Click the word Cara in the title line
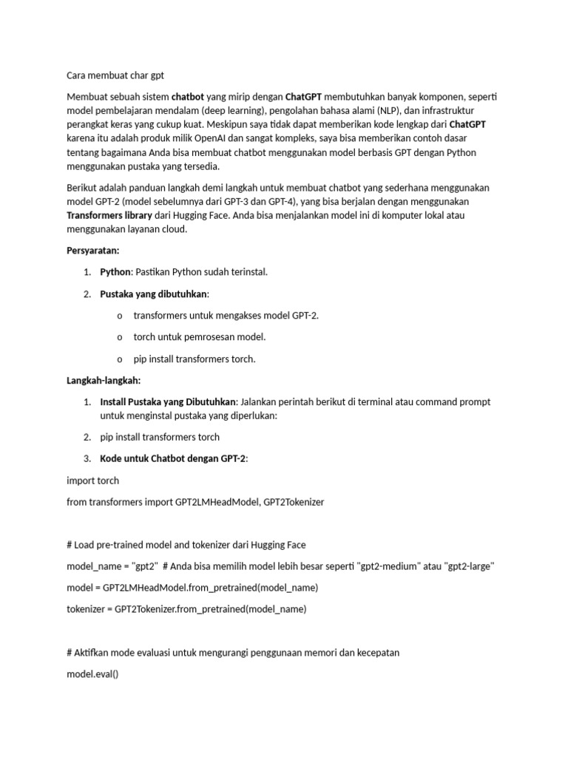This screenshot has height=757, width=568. [77, 75]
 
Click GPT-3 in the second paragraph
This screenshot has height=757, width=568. [240, 202]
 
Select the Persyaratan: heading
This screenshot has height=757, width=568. [93, 251]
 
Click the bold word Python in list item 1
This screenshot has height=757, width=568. [115, 272]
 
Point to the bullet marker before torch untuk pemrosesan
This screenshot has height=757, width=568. [120, 337]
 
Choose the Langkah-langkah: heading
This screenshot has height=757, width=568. [104, 381]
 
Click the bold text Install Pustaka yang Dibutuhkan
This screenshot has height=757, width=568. [168, 402]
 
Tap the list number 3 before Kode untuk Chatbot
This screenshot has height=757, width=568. [87, 459]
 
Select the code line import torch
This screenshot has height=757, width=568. [92, 481]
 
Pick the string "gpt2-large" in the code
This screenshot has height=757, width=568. [469, 566]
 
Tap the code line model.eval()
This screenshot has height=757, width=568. [92, 675]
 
